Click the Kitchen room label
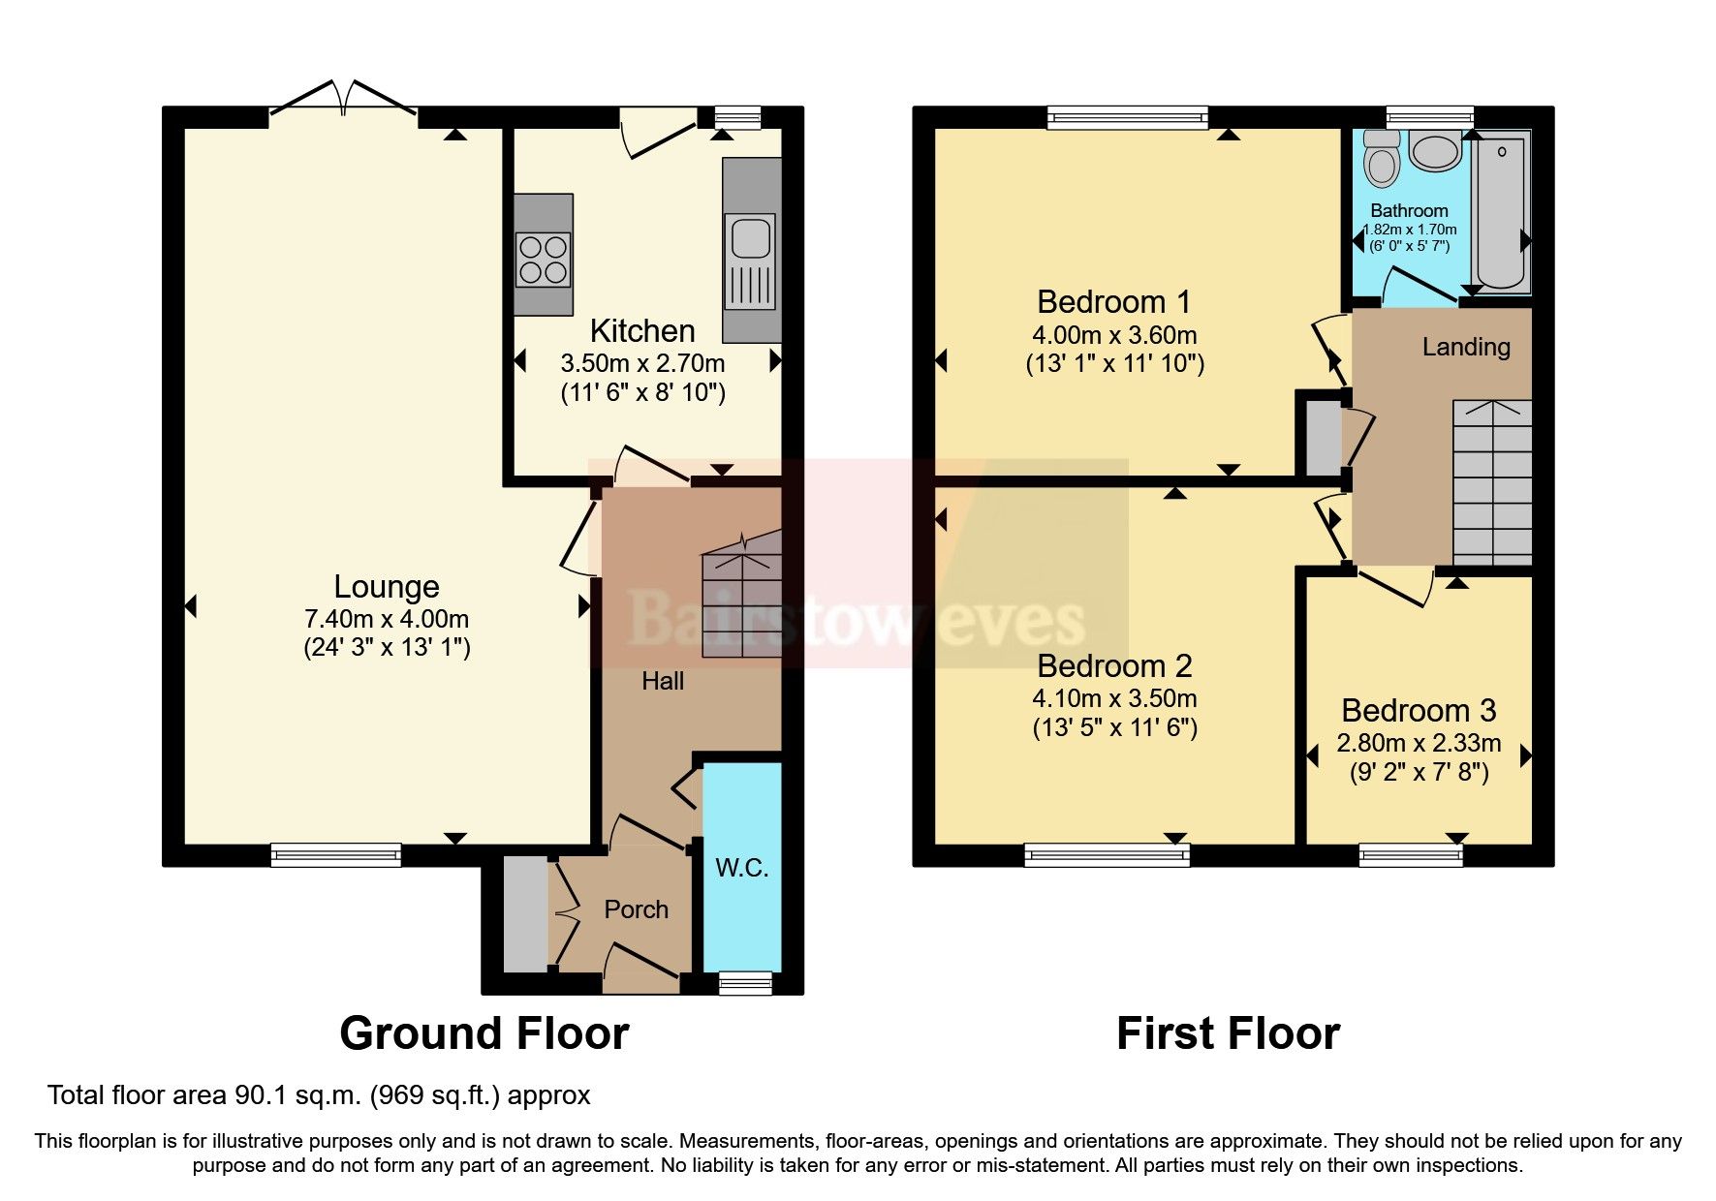pos(642,331)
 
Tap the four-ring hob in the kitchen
pos(543,260)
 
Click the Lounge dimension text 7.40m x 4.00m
pos(387,618)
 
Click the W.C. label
pos(742,868)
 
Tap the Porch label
pos(636,909)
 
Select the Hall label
pos(663,681)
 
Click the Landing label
pos(1466,347)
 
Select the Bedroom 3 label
pos(1419,711)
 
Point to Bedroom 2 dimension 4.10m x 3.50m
pos(1114,698)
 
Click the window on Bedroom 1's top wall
pos(1128,118)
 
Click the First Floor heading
pos(1228,1033)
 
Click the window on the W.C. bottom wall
pos(745,983)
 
